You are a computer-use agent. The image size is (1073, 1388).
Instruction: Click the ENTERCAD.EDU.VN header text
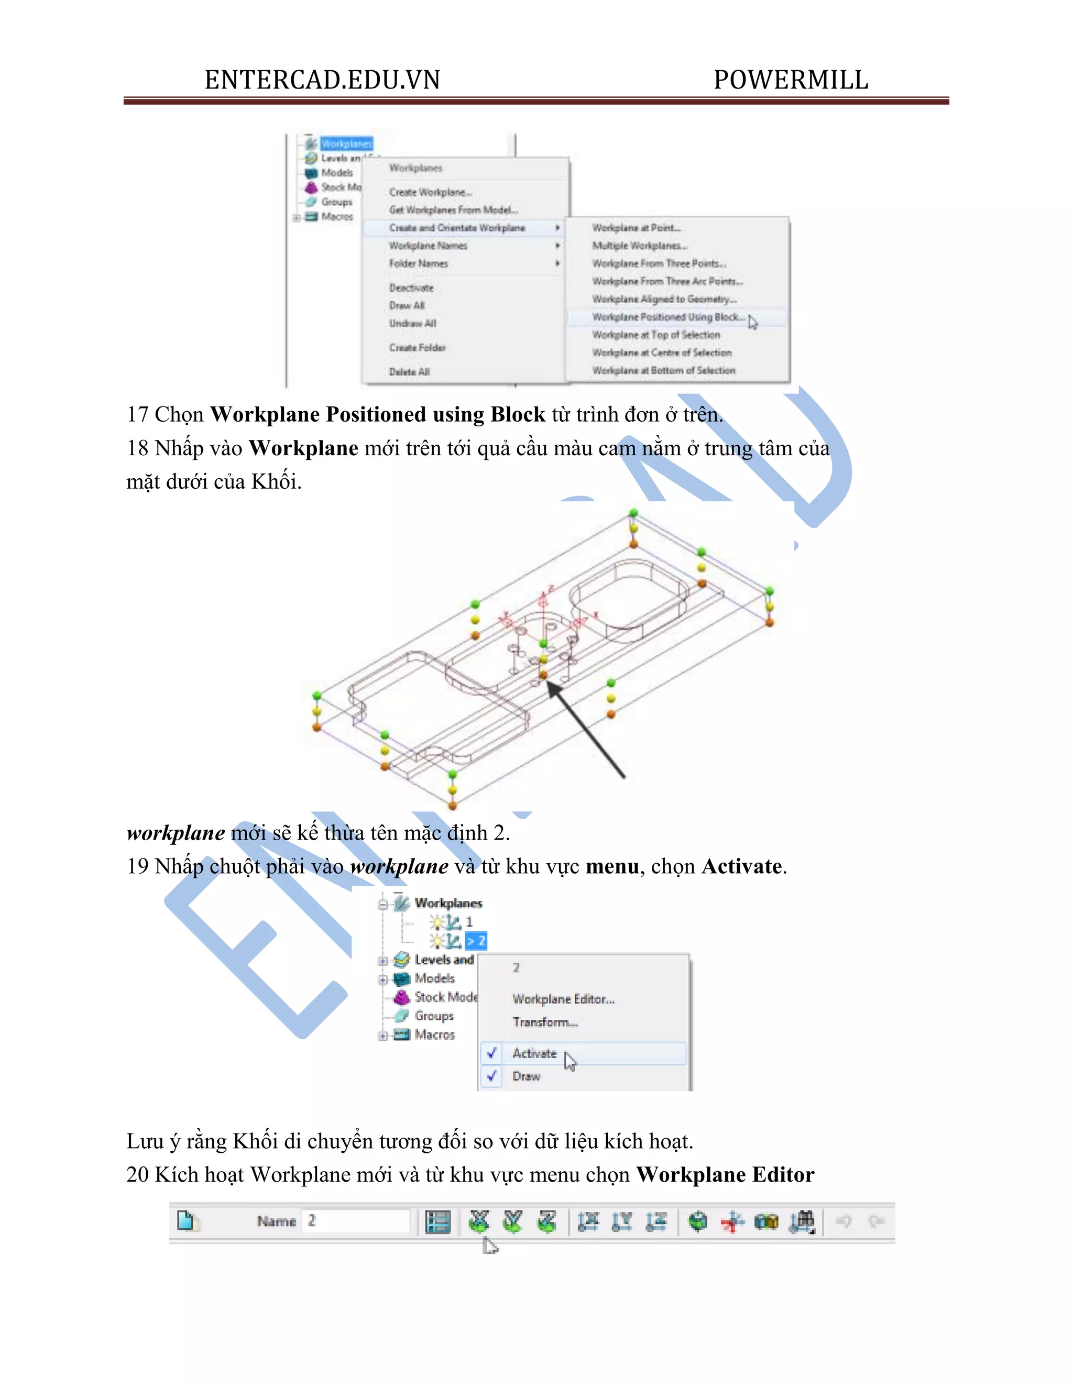coord(322,80)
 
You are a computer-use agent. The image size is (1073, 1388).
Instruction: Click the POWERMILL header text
coord(790,80)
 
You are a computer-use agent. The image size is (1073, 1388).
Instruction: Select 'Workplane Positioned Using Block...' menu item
coord(667,317)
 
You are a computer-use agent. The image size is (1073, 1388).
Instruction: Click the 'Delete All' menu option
coord(409,372)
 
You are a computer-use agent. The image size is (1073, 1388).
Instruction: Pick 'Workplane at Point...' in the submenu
coord(636,227)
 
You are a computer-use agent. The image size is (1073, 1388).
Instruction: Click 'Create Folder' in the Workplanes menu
coord(418,348)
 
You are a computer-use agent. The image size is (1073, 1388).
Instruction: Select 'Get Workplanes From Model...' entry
coord(454,210)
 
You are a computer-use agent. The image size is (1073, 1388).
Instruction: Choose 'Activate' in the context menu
coord(534,1053)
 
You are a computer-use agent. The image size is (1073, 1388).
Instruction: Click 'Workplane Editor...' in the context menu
coord(563,999)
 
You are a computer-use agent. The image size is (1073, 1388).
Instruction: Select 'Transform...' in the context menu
coord(545,1022)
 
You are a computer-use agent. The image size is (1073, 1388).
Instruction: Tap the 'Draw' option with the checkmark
coord(527,1076)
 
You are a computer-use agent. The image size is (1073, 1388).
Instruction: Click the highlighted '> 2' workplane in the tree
coord(476,941)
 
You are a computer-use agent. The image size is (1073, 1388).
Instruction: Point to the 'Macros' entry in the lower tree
coord(435,1034)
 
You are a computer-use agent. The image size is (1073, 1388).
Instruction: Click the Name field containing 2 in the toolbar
coord(356,1221)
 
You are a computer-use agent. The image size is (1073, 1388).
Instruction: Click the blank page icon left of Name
coord(185,1221)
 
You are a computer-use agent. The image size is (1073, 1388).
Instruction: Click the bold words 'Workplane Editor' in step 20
coord(725,1174)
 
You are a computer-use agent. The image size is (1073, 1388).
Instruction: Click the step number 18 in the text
coord(137,448)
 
